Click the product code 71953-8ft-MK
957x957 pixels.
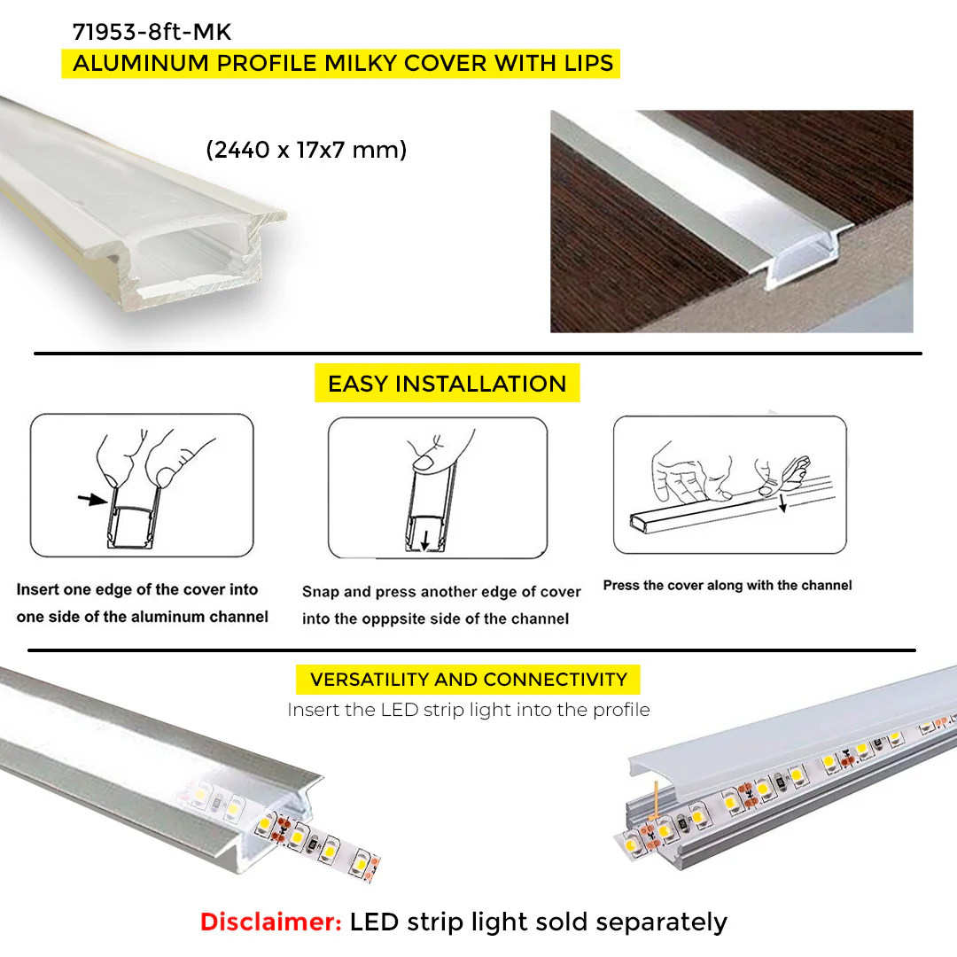[152, 32]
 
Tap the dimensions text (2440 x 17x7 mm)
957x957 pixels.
[307, 150]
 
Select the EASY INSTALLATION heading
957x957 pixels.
[447, 384]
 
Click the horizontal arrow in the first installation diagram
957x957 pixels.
[92, 499]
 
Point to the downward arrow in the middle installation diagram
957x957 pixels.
[424, 540]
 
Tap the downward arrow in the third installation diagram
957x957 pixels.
[782, 504]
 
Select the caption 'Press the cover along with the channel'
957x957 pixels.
[727, 586]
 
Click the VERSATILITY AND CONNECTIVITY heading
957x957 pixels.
[468, 680]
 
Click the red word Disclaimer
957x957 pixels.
[271, 922]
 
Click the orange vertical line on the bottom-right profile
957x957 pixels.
[656, 799]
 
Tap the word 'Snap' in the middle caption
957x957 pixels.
[320, 592]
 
